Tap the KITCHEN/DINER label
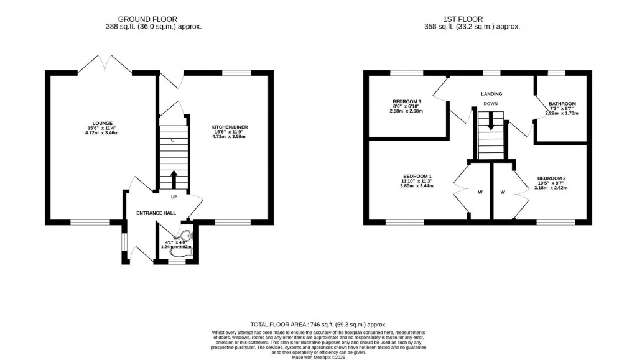point(230,127)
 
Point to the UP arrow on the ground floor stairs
point(174,180)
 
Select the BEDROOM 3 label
point(407,102)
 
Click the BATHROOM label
point(562,104)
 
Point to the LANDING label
point(491,94)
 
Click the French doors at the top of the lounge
point(105,64)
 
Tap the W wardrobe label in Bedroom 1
point(480,192)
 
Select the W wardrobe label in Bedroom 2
point(502,192)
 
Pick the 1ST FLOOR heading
point(480,19)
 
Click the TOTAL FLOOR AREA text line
point(318,325)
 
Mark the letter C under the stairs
point(172,140)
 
